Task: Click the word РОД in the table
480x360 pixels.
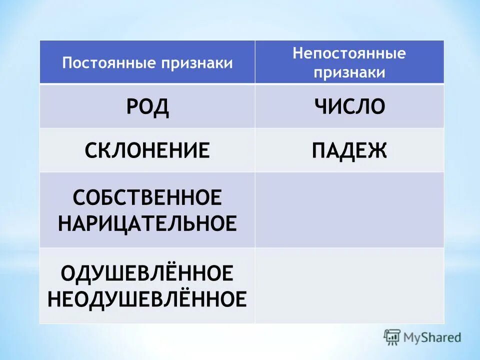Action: coord(147,107)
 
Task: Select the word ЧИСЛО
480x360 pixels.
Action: coord(350,107)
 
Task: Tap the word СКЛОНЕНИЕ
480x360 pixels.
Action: coord(147,150)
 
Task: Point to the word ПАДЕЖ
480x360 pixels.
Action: coord(349,150)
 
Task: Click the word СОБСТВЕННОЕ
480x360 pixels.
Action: coord(147,198)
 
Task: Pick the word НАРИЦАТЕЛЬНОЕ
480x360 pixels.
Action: coord(147,223)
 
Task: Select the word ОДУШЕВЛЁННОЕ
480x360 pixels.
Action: coord(147,273)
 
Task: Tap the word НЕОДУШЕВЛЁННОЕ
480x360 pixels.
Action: coord(147,299)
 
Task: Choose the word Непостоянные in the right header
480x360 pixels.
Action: coord(349,54)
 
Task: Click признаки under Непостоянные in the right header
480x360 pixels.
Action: coord(349,72)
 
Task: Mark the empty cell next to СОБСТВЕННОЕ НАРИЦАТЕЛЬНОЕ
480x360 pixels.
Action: coord(349,210)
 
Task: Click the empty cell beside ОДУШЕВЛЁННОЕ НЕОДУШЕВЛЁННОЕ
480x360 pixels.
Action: coord(349,285)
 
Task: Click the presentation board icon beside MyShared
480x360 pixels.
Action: coord(392,337)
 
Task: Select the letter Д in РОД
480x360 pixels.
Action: coord(160,107)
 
